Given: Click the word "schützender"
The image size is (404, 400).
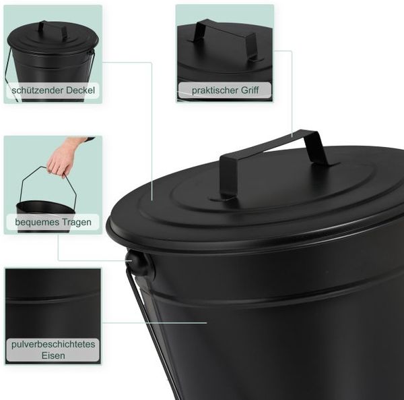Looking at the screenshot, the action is pyautogui.click(x=38, y=90).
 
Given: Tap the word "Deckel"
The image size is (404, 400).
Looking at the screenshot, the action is pyautogui.click(x=80, y=90).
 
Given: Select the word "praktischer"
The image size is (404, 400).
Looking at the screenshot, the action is pyautogui.click(x=215, y=90).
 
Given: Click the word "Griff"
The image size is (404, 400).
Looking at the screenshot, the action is pyautogui.click(x=250, y=90).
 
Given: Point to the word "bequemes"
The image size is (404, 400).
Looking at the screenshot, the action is pyautogui.click(x=34, y=222).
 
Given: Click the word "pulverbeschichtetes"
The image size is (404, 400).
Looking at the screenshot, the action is pyautogui.click(x=53, y=345).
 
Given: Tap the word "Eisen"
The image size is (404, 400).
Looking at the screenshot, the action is pyautogui.click(x=53, y=355).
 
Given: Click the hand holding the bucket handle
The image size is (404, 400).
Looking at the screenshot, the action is pyautogui.click(x=65, y=156).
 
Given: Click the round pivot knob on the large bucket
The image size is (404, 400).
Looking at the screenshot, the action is pyautogui.click(x=140, y=264).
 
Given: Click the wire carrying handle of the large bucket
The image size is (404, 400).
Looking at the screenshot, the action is pyautogui.click(x=152, y=333).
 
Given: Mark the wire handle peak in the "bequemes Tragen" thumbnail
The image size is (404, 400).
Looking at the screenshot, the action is pyautogui.click(x=41, y=167).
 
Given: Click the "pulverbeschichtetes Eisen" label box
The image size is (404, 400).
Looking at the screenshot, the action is pyautogui.click(x=53, y=350).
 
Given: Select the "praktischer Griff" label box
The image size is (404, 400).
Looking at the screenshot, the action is pyautogui.click(x=225, y=90).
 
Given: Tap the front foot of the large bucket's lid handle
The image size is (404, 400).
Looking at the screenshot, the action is pyautogui.click(x=222, y=198).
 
